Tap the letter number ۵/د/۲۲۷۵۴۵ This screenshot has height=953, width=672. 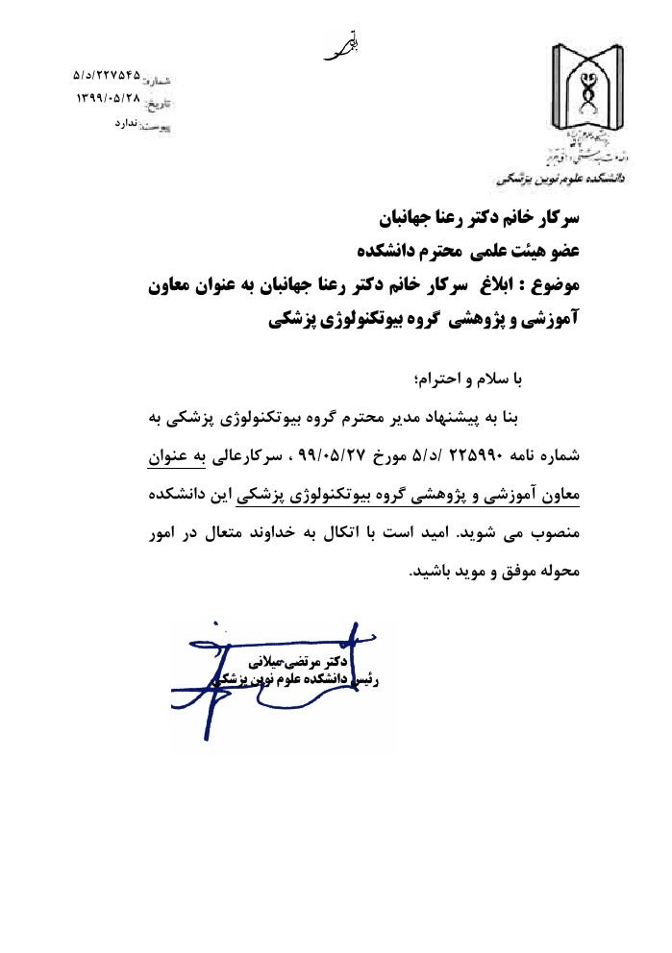[x=107, y=74]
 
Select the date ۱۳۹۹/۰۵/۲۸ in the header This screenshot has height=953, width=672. [x=108, y=98]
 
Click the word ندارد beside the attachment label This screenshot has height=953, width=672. [x=127, y=124]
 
